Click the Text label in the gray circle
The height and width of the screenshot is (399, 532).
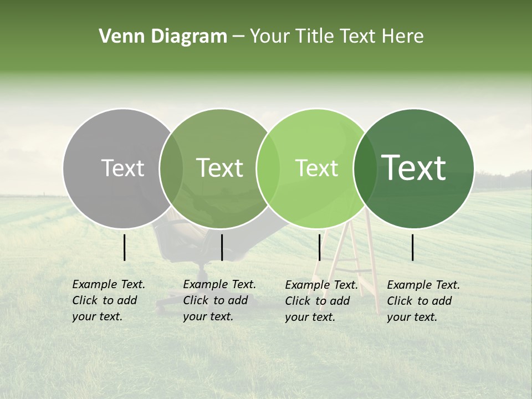[x=122, y=168]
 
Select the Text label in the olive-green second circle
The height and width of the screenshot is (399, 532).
[x=219, y=168]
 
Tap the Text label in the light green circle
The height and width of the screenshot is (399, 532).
[x=316, y=168]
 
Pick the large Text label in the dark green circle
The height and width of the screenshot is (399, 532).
[x=413, y=168]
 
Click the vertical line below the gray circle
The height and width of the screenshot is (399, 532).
[x=124, y=247]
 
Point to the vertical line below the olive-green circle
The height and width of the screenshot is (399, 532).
[x=222, y=247]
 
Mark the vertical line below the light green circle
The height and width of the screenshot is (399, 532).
[x=319, y=247]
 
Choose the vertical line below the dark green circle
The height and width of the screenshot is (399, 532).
[x=413, y=247]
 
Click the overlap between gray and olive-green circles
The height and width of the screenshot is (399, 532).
[x=171, y=168]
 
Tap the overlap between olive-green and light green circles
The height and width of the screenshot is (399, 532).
[x=268, y=168]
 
